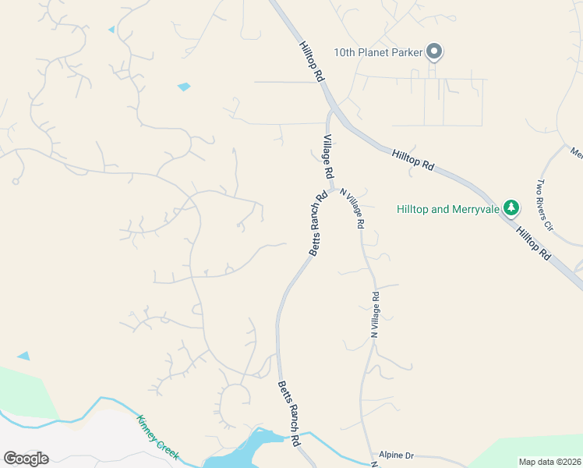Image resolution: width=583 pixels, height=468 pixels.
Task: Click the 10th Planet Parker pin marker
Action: [x=435, y=52]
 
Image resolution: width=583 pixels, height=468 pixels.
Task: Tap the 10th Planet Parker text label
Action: [x=378, y=52]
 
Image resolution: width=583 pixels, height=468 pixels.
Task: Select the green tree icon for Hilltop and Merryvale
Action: [x=511, y=208]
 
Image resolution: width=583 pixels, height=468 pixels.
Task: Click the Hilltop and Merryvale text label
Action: [x=447, y=209]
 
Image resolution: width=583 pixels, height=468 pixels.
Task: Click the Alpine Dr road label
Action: [x=396, y=454]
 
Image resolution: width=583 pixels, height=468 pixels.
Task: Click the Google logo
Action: [x=26, y=459]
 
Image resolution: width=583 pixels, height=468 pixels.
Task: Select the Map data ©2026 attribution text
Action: [x=550, y=462]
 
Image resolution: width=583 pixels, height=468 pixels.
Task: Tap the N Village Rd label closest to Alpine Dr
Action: [x=375, y=314]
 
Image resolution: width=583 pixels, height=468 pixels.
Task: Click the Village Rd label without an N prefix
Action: [x=328, y=154]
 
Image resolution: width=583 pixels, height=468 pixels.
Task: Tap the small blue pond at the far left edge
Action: [x=23, y=356]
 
